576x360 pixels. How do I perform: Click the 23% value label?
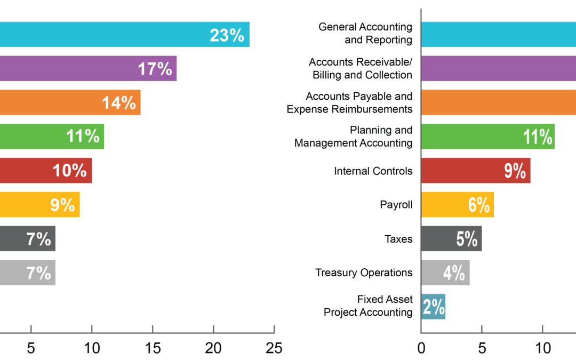coord(227,35)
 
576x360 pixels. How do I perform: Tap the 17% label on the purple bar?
coord(155,69)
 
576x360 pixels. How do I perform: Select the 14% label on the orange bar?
coord(119,102)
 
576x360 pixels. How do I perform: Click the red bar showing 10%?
coord(45,171)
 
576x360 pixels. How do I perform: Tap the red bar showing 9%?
coord(475,171)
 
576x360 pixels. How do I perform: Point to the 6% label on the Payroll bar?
coord(479,205)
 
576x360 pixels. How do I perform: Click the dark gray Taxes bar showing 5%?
coord(451,239)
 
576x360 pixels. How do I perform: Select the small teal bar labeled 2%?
coord(433,307)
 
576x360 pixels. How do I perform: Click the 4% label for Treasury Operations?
coord(454,273)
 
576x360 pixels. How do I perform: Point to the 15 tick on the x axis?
coord(153,348)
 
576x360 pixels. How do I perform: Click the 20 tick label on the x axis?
coord(213,348)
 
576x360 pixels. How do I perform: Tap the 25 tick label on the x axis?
coord(274,348)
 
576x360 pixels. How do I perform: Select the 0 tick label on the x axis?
coord(421,348)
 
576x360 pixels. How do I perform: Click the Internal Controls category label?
coord(373,171)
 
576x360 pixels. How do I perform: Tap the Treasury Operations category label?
coord(364,273)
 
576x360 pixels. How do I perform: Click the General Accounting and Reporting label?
coord(365,33)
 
